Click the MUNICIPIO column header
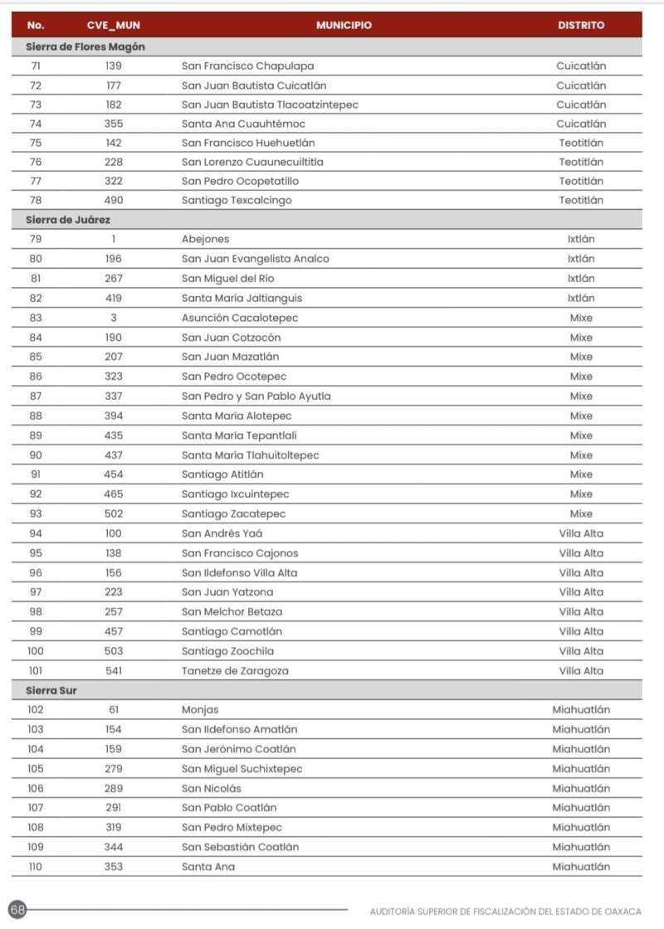[344, 26]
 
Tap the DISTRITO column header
[581, 26]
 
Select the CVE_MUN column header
[113, 26]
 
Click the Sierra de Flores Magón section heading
[85, 46]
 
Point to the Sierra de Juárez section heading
[68, 220]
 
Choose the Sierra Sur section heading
[51, 690]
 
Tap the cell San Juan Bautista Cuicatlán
[254, 85]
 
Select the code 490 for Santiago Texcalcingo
[113, 200]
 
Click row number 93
[36, 513]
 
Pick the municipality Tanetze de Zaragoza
[235, 670]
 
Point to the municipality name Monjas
[200, 710]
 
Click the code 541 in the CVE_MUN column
[113, 670]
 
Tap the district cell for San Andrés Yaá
[581, 533]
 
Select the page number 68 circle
[17, 910]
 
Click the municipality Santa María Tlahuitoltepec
[250, 455]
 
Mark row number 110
[36, 867]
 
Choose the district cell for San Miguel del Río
[581, 279]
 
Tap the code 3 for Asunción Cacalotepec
[113, 318]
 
